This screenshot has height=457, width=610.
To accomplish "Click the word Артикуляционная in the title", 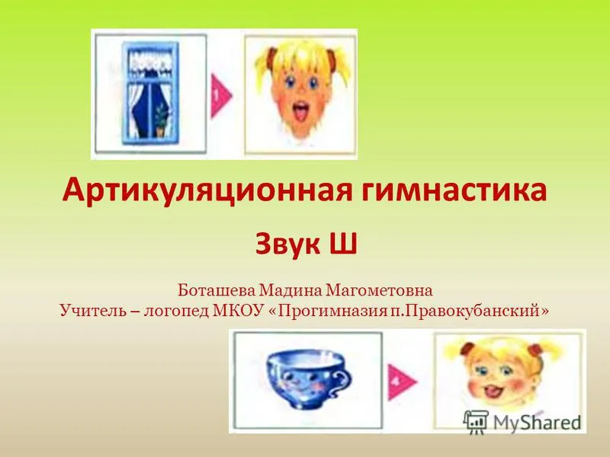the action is pos(207,191).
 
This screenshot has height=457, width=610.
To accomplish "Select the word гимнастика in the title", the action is pos(454,191).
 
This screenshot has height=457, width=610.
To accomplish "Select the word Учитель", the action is pos(92,311).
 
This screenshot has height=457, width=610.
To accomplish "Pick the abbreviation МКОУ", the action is pos(236,311).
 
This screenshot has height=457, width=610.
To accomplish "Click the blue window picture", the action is pos(150,94).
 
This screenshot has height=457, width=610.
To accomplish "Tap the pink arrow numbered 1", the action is pos(221,96).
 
